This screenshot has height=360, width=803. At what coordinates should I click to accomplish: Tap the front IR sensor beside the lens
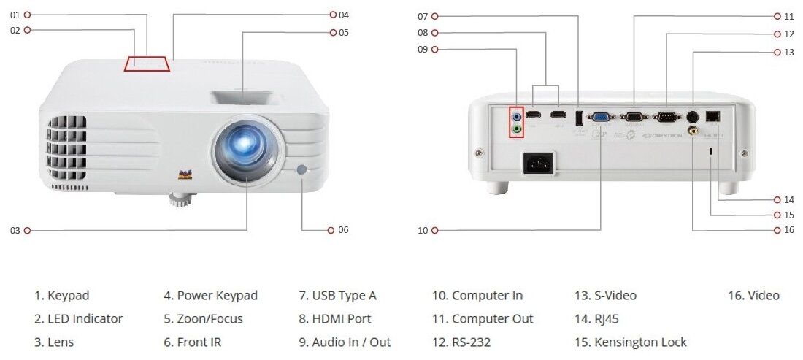click(x=302, y=170)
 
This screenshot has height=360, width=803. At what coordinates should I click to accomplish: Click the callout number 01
click(x=15, y=14)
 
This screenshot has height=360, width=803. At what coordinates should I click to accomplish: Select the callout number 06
click(x=343, y=229)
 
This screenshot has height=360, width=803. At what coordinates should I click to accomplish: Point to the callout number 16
click(x=788, y=230)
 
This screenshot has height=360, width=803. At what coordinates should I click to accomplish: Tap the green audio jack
click(x=518, y=129)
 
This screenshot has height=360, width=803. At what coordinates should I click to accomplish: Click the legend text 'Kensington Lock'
click(x=640, y=342)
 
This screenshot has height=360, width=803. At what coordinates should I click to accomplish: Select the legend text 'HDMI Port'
click(x=341, y=318)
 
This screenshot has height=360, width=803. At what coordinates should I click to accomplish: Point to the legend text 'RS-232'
click(x=476, y=342)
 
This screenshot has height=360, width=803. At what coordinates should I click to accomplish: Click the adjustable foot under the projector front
click(x=179, y=198)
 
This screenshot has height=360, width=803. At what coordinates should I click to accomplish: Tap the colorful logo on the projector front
click(x=185, y=175)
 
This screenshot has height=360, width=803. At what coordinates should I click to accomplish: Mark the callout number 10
click(x=422, y=230)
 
